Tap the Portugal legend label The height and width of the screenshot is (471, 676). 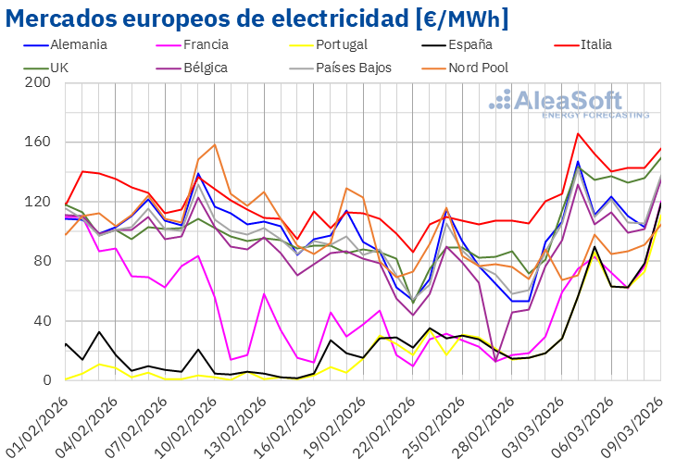[341, 44]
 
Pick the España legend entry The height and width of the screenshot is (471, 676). [472, 44]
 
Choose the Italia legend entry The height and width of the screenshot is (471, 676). [606, 44]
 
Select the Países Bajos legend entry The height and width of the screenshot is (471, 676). [354, 68]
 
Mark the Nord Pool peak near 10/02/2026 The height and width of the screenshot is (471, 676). [215, 144]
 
